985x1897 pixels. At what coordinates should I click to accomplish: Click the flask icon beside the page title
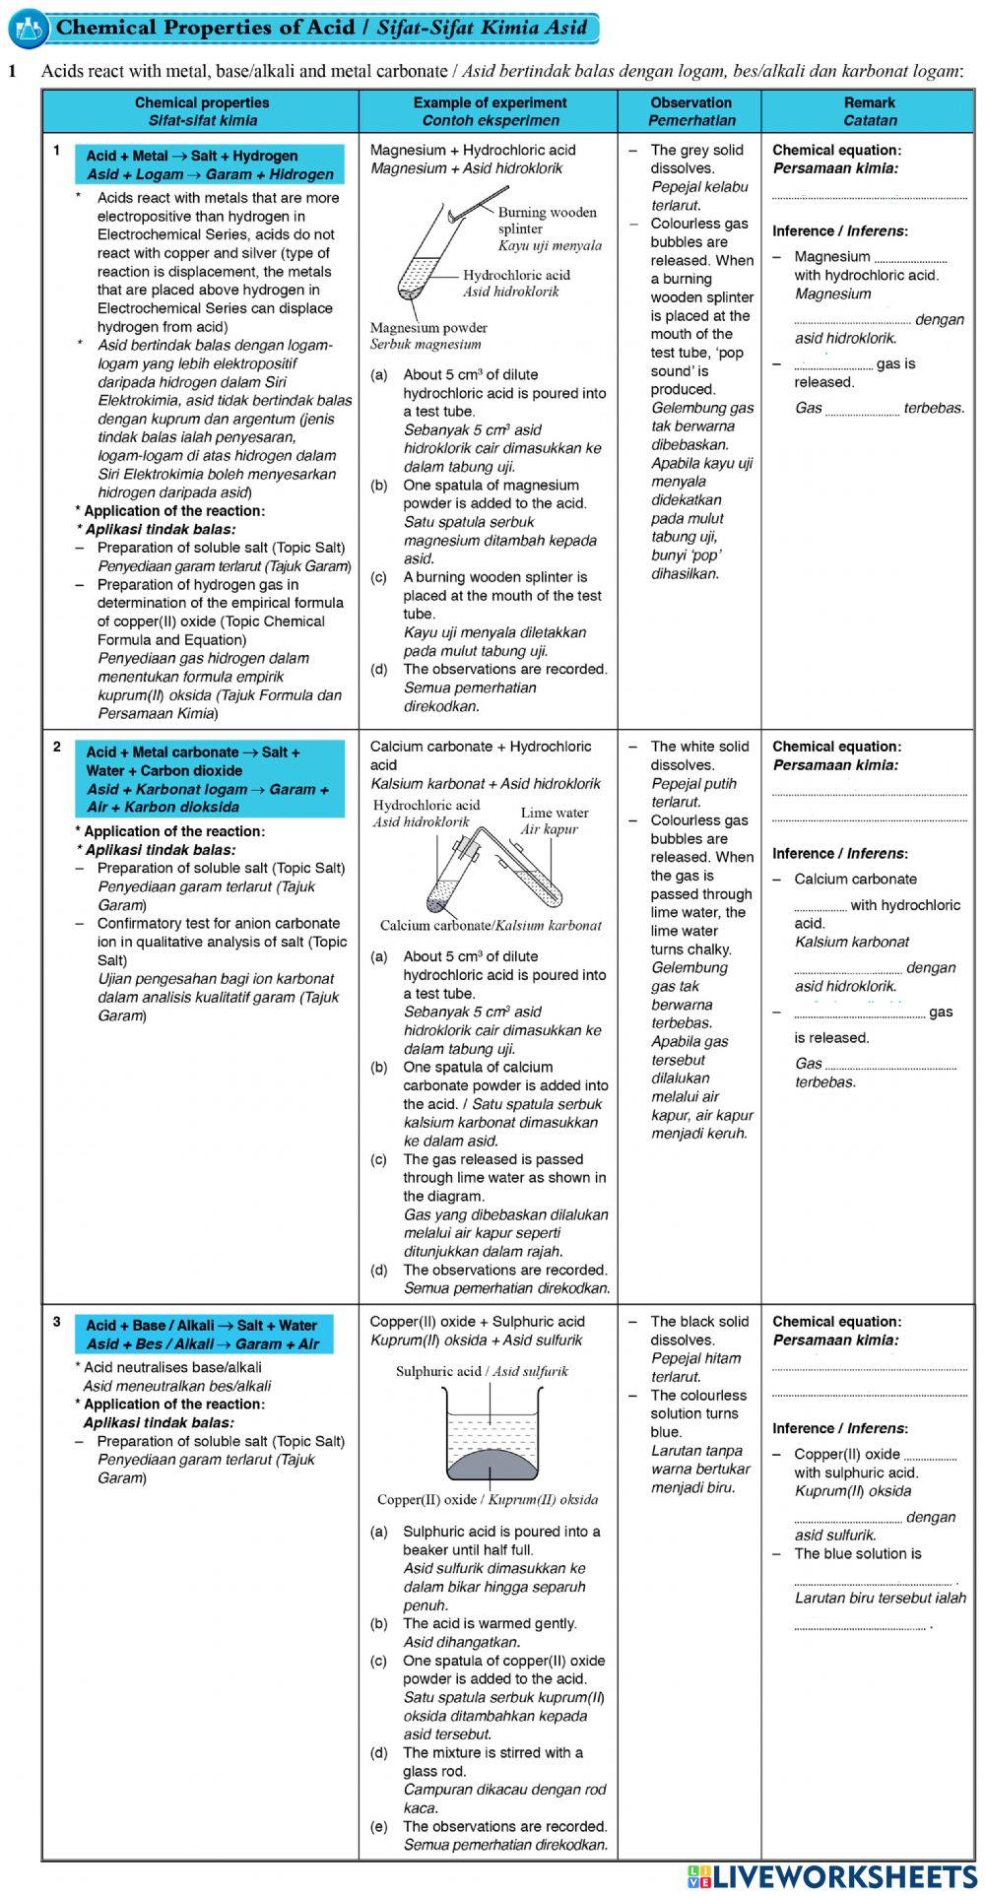(27, 29)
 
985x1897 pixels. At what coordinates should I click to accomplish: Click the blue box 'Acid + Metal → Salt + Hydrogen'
(210, 164)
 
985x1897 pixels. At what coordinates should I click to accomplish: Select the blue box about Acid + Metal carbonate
(210, 779)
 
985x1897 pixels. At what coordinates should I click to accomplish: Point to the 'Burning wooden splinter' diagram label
(547, 220)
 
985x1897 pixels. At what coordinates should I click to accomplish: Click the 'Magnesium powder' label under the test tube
(428, 328)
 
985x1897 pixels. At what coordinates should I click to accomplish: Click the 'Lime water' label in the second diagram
(555, 813)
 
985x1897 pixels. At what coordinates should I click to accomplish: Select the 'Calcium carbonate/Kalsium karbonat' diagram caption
(491, 925)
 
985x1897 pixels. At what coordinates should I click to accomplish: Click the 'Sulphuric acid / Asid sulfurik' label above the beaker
(482, 1371)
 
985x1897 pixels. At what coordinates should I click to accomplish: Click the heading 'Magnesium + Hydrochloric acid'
(473, 150)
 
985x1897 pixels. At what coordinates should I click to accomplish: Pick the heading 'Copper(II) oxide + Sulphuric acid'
(477, 1322)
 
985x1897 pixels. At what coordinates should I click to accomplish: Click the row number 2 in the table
(57, 747)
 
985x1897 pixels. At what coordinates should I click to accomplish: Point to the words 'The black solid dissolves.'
(698, 1331)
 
